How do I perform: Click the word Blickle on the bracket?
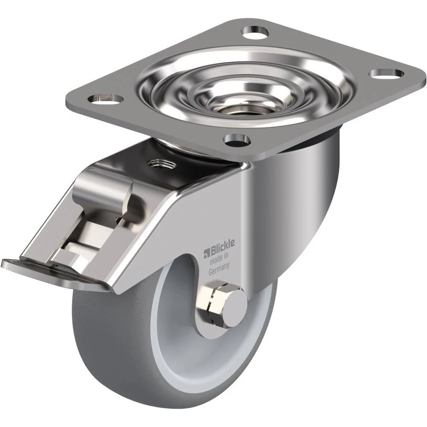[222, 245]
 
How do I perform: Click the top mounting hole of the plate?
[256, 32]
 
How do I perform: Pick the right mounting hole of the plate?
[386, 73]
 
